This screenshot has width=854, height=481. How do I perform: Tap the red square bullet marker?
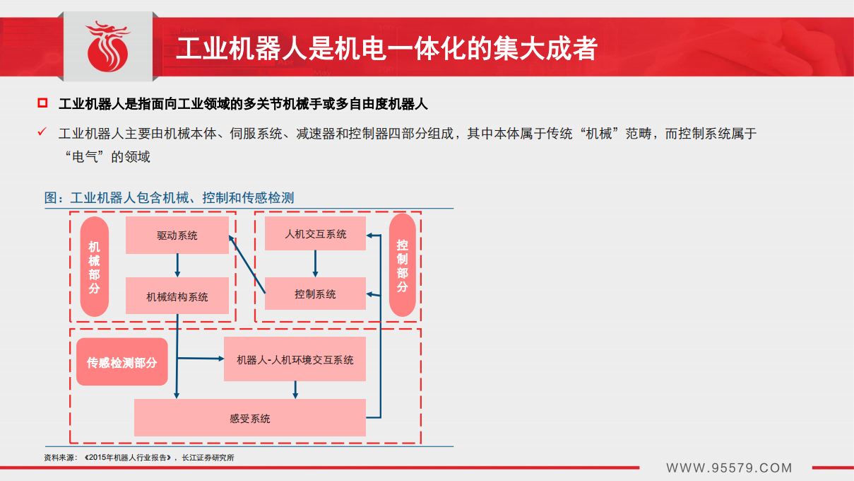(x=42, y=104)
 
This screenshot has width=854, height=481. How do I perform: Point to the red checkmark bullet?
(x=42, y=132)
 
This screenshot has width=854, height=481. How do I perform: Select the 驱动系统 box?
(x=177, y=236)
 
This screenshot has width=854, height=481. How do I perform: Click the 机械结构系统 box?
(x=177, y=296)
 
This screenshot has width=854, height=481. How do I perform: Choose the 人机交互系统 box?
(x=315, y=233)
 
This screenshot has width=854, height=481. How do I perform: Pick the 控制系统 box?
(x=315, y=294)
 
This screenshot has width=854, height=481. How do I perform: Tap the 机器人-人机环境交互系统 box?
(x=295, y=360)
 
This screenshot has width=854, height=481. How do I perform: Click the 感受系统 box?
(x=249, y=418)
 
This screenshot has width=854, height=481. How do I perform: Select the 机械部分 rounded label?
(x=95, y=267)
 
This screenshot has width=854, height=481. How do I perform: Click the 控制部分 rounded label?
(x=402, y=265)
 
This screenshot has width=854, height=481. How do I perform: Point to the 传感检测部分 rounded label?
(x=122, y=362)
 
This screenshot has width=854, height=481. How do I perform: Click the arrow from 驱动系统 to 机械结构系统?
(x=177, y=265)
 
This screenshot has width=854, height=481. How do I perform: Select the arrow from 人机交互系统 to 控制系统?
(x=315, y=263)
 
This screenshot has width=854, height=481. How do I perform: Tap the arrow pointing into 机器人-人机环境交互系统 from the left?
(x=201, y=359)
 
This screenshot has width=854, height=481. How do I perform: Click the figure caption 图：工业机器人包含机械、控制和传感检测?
(x=170, y=198)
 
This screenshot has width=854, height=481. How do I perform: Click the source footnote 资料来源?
(x=138, y=458)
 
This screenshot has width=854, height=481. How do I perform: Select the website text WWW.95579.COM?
(x=729, y=468)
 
